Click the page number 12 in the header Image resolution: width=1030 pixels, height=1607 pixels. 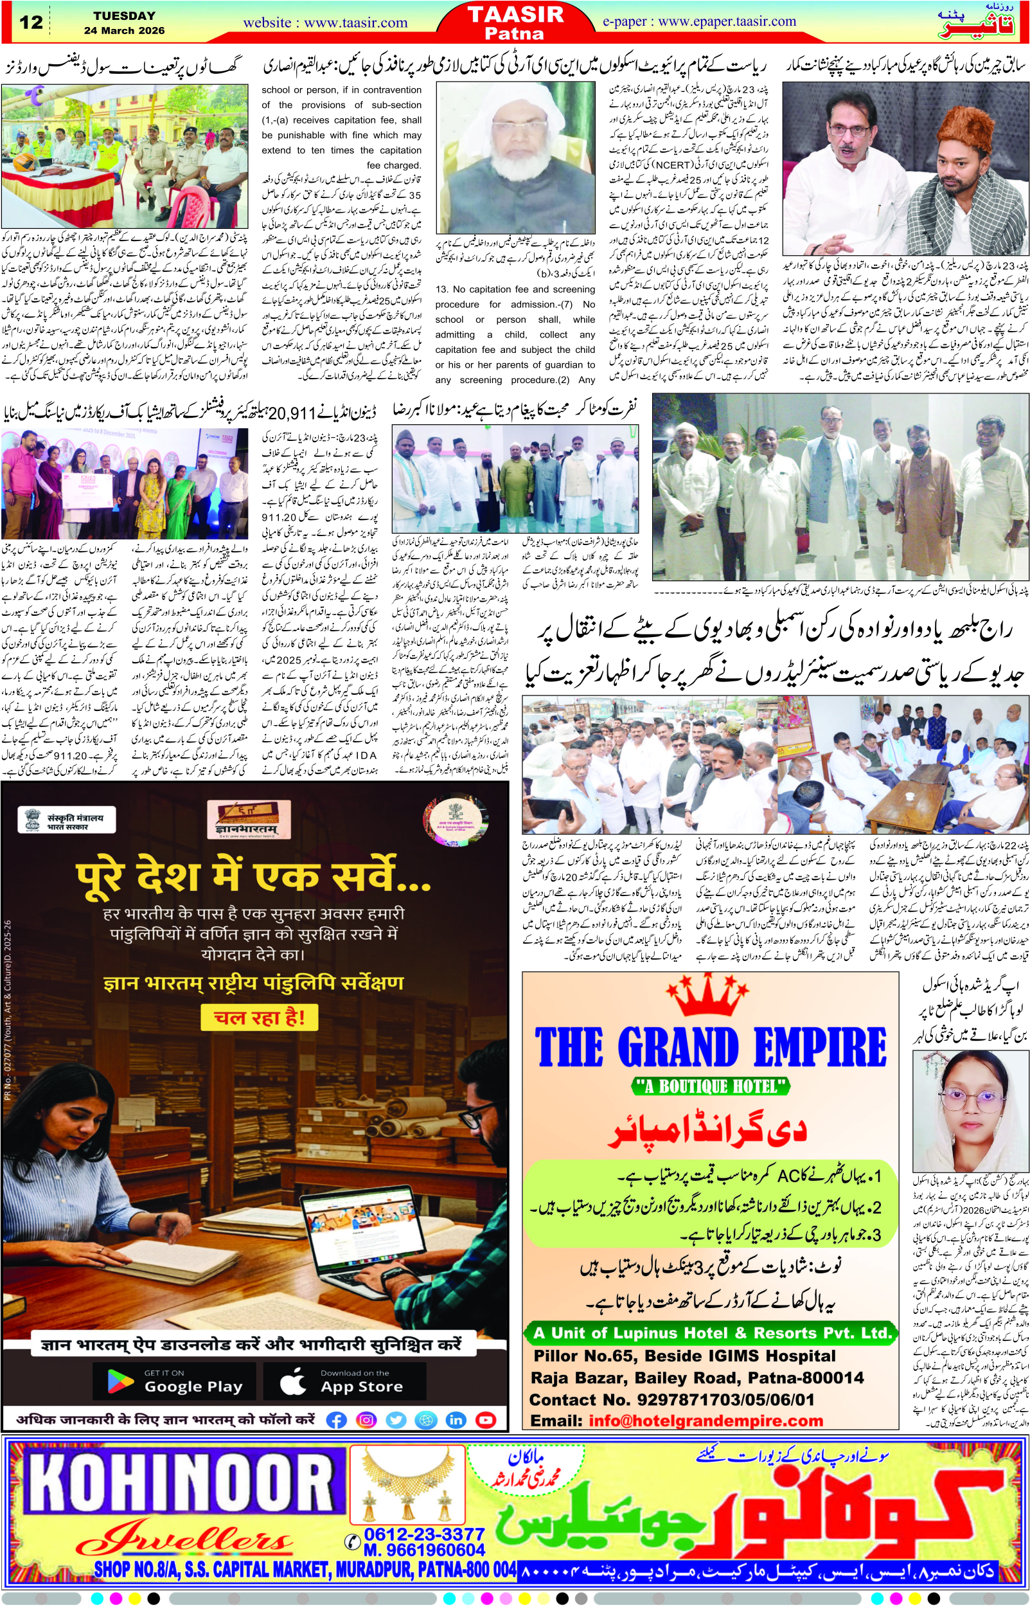click(31, 22)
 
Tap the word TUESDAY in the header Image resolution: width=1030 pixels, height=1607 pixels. click(125, 15)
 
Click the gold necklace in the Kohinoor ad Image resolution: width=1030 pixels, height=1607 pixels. click(407, 1479)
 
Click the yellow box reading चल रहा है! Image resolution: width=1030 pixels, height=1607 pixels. click(259, 1018)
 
